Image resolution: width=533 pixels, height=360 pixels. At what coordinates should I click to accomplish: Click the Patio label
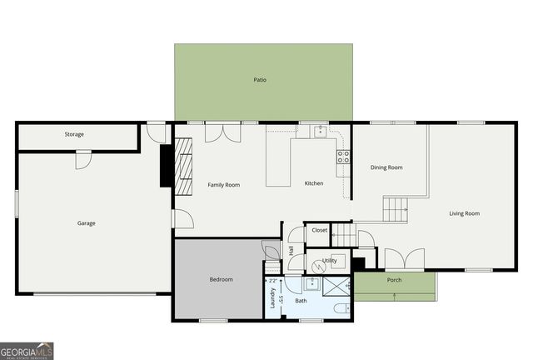[x=260, y=80]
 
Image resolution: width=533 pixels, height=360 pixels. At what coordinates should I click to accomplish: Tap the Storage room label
[x=74, y=134]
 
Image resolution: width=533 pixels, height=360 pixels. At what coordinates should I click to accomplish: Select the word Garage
[x=86, y=222]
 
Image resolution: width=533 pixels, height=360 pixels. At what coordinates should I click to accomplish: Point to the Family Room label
[x=223, y=184]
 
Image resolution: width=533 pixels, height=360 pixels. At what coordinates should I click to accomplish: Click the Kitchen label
[x=313, y=183]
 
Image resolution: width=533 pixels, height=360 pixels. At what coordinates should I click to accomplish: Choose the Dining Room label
[x=386, y=167]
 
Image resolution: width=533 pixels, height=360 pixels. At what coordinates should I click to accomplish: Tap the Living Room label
[x=464, y=213]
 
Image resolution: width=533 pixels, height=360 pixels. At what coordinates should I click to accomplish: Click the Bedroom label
[x=221, y=279]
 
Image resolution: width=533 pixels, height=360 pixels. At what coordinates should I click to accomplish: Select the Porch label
[x=394, y=280]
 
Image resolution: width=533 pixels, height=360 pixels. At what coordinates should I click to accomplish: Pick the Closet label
[x=320, y=229]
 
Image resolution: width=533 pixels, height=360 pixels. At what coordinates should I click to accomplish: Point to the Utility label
[x=329, y=260]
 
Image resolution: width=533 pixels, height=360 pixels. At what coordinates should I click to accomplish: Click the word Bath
[x=301, y=300]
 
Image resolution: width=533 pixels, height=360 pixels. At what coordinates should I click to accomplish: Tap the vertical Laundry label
[x=272, y=297]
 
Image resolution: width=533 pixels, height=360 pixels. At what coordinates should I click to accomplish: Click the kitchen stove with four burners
[x=342, y=157]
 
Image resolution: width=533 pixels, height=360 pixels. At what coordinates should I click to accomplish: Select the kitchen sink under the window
[x=317, y=131]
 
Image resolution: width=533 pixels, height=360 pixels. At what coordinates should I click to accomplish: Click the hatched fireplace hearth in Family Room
[x=182, y=163]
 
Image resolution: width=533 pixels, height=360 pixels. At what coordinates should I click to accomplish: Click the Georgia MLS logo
[x=27, y=351]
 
